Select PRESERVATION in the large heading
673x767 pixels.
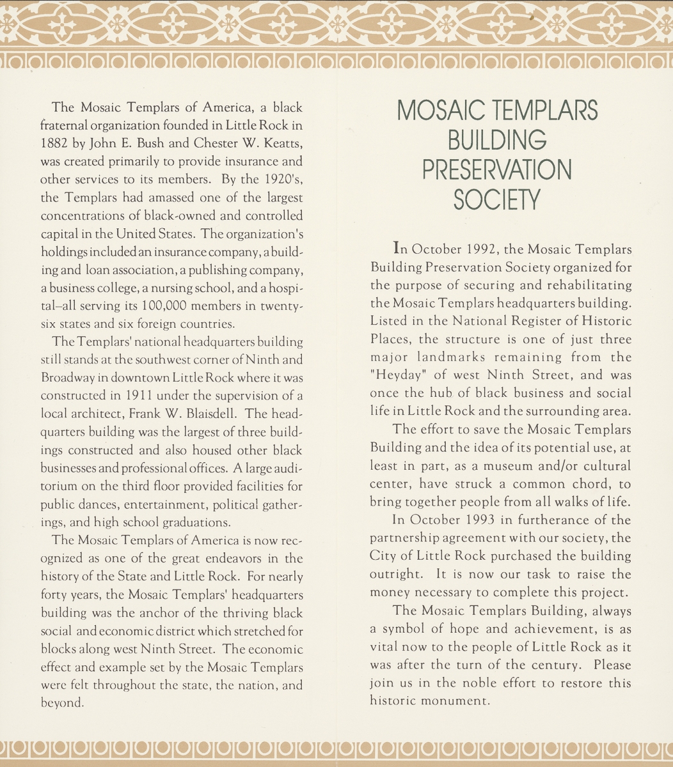point(496,169)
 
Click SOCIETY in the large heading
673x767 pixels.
point(496,199)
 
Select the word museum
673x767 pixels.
point(491,466)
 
